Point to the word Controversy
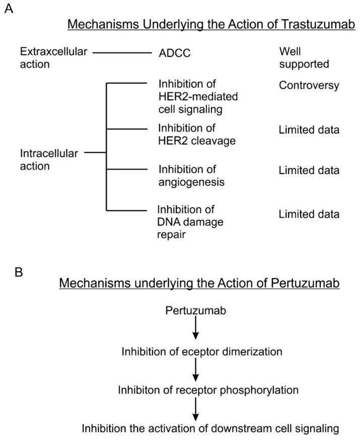(x=309, y=86)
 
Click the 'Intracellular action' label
(x=49, y=160)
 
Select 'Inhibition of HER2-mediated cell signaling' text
(x=191, y=96)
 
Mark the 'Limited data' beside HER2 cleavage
(x=309, y=130)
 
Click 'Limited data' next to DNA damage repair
(x=309, y=214)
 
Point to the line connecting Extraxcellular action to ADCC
(x=123, y=52)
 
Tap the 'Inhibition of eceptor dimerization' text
(x=201, y=351)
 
